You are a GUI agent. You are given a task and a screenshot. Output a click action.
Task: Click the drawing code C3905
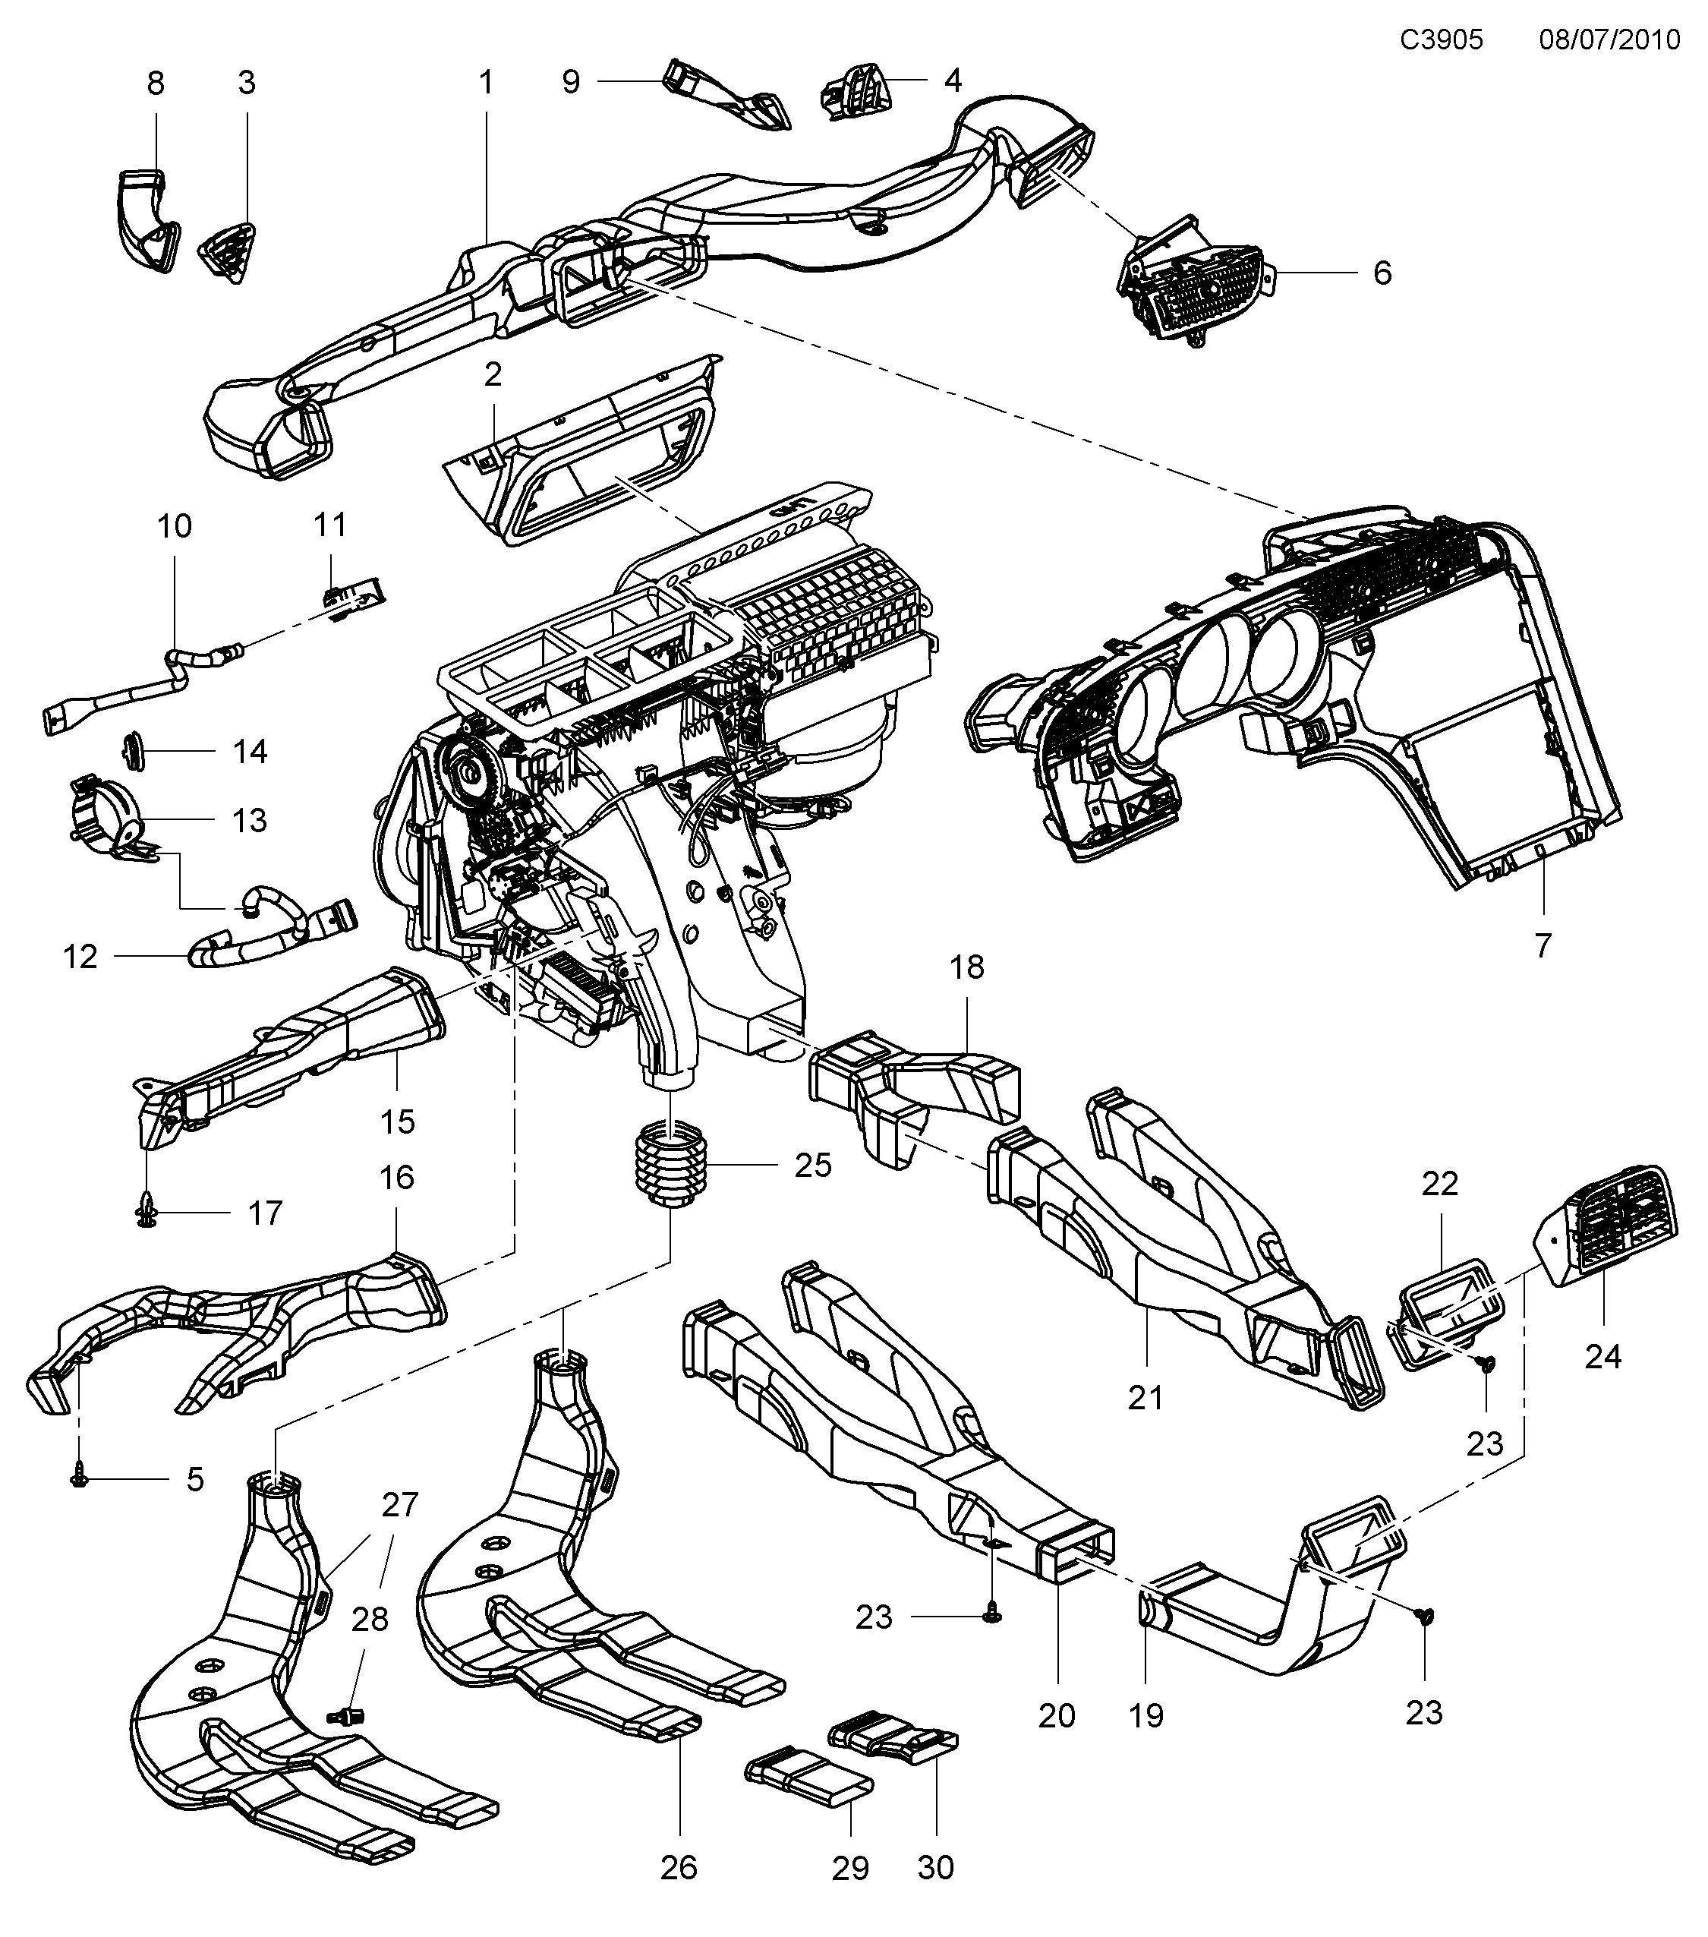(1442, 39)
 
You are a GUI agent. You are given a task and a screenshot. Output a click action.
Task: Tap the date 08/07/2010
(1609, 39)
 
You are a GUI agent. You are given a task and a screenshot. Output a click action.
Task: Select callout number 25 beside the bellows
(813, 1165)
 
